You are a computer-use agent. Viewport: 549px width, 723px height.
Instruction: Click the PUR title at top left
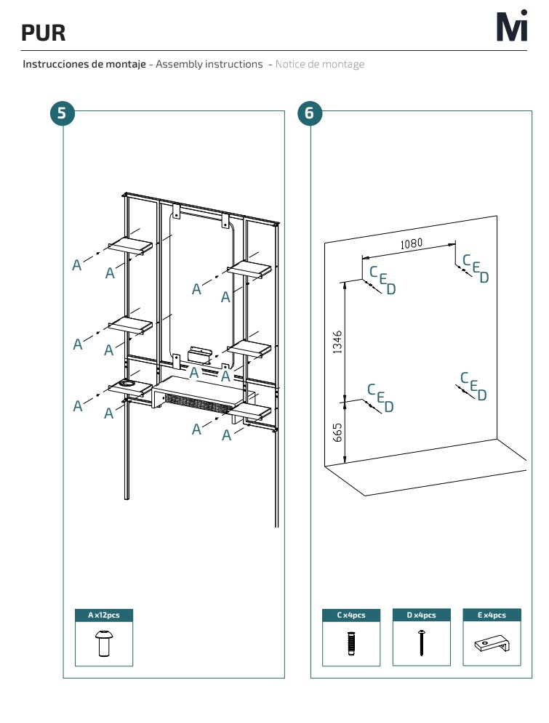coord(44,33)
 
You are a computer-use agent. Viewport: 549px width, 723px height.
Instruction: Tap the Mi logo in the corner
coord(512,26)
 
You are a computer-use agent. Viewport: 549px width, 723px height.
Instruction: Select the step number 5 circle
coord(62,113)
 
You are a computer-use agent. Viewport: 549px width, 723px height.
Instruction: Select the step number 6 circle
coord(309,113)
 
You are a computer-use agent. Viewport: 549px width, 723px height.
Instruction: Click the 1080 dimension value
coord(411,243)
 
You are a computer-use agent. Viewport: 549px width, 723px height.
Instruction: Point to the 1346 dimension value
coord(337,342)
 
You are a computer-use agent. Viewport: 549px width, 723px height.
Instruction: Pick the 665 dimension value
coord(337,432)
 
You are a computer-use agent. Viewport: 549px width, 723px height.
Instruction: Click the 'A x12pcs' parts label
coord(104,615)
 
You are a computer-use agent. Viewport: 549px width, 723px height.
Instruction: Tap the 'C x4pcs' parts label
coord(351,615)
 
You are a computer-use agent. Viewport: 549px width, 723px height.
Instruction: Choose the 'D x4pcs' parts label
coord(421,615)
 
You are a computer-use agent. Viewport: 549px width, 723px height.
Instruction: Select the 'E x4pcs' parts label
coord(492,615)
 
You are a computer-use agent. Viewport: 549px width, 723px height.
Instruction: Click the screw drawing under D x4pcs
coord(421,643)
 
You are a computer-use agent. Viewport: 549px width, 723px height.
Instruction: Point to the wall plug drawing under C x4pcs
coord(351,643)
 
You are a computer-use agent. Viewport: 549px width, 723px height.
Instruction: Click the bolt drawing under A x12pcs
coord(104,643)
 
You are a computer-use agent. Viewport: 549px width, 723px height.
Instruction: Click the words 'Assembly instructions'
coord(209,64)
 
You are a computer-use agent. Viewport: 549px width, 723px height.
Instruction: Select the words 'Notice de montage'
coord(320,64)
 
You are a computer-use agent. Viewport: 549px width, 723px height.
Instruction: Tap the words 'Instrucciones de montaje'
coord(84,64)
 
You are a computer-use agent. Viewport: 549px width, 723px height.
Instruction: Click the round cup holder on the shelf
coord(126,383)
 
